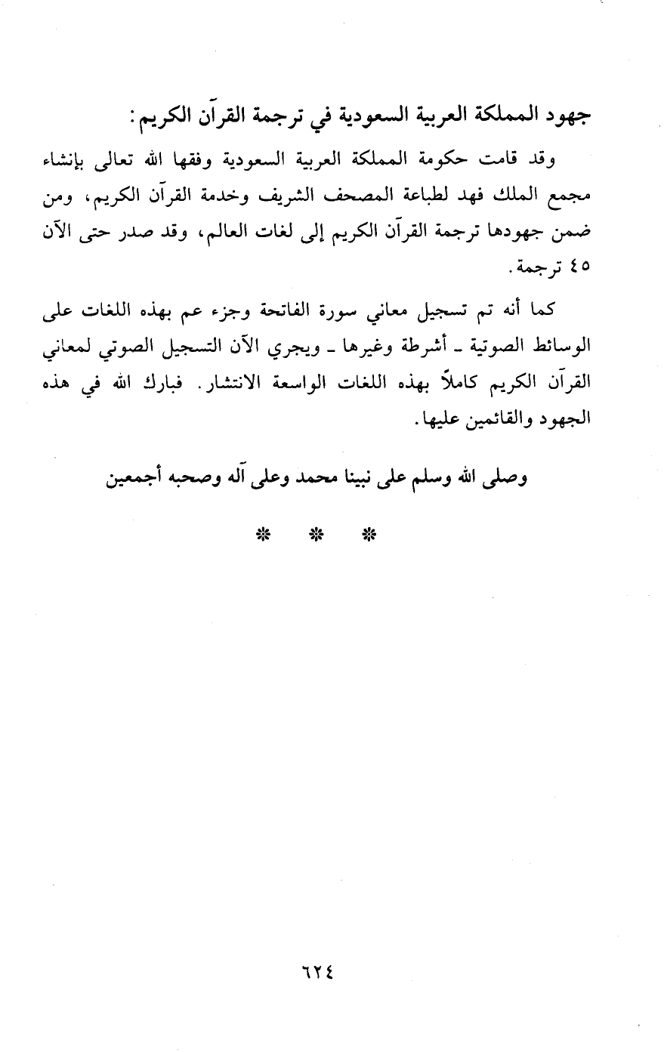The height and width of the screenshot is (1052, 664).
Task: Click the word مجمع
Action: [571, 196]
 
